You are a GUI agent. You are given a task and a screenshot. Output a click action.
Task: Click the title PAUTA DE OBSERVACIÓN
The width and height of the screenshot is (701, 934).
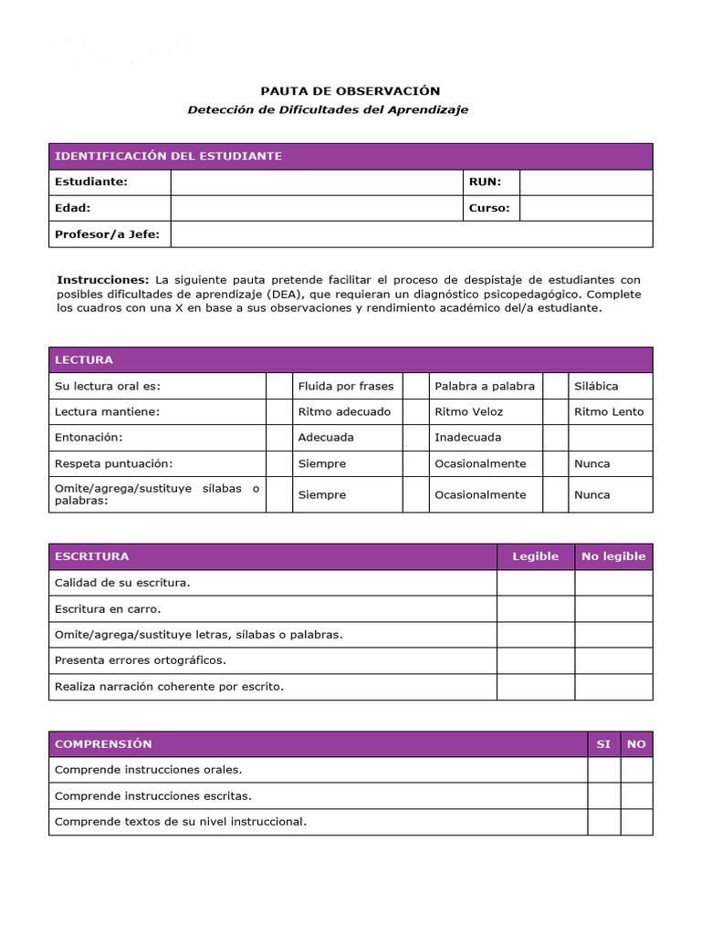350,90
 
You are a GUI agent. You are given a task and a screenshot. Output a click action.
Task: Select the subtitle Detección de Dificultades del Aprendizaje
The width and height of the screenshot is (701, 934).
328,109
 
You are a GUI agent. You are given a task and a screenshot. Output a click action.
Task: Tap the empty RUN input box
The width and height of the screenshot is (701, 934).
585,182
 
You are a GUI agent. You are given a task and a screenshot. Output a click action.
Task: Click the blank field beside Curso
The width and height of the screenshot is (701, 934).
585,208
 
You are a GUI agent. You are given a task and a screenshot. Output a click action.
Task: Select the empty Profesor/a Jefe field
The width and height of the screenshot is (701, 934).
411,234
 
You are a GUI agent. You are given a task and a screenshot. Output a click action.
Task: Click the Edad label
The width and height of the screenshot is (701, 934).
73,208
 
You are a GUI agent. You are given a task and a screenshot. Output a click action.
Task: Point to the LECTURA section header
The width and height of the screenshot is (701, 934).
84,359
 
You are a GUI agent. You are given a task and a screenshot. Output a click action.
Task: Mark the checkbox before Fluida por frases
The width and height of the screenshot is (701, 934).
278,386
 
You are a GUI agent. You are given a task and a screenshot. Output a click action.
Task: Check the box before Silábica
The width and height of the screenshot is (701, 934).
555,386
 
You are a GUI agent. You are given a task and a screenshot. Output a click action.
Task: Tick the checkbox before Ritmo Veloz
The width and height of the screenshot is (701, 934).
415,411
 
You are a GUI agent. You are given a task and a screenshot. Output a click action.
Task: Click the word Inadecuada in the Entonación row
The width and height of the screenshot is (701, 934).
467,437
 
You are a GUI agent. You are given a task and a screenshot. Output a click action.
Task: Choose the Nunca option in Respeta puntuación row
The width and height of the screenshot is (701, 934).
591,463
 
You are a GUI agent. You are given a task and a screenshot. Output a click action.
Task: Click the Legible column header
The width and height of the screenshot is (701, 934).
535,556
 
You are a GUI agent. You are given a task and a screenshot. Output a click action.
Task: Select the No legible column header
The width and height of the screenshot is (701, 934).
612,556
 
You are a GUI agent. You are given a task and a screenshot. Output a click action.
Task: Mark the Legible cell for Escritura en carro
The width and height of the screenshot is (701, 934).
535,608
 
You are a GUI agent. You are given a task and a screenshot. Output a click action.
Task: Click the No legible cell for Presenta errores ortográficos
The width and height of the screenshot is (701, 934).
612,660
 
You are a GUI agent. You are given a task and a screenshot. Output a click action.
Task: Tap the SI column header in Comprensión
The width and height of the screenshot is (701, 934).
603,744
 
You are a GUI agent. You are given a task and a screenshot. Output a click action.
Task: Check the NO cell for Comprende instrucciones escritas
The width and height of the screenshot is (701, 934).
636,796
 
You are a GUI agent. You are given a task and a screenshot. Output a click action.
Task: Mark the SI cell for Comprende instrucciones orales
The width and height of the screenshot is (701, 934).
603,770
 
